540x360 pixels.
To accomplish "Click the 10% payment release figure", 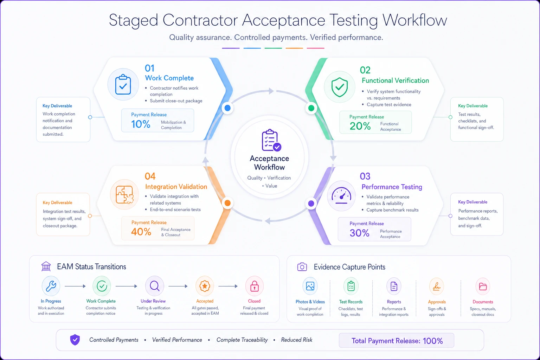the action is (x=141, y=124).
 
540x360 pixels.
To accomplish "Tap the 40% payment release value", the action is (x=141, y=232).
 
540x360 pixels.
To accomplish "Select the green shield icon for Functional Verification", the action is (x=339, y=87).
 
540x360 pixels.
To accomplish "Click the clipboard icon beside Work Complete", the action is (x=123, y=84).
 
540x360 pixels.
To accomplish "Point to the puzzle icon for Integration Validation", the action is (x=124, y=195).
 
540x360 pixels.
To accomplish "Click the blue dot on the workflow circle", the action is (x=227, y=108).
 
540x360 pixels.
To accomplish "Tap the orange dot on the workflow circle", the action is (x=227, y=203).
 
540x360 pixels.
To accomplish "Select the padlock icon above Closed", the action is (x=254, y=286).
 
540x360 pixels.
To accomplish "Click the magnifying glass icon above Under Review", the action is (x=155, y=286).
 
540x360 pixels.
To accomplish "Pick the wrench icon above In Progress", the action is (x=51, y=286).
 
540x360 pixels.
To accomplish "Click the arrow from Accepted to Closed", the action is (x=228, y=286).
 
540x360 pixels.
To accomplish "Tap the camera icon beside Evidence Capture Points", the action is (x=302, y=267).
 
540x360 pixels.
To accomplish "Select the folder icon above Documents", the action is (x=483, y=287).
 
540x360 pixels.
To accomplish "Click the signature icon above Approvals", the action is (x=437, y=287).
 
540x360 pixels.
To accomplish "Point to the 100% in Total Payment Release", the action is (x=433, y=341).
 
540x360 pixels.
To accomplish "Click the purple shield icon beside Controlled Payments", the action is (x=75, y=340).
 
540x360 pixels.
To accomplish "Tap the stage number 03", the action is (x=365, y=176).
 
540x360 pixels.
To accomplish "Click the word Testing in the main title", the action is (x=353, y=20).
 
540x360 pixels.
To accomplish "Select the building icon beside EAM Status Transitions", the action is (x=46, y=266).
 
